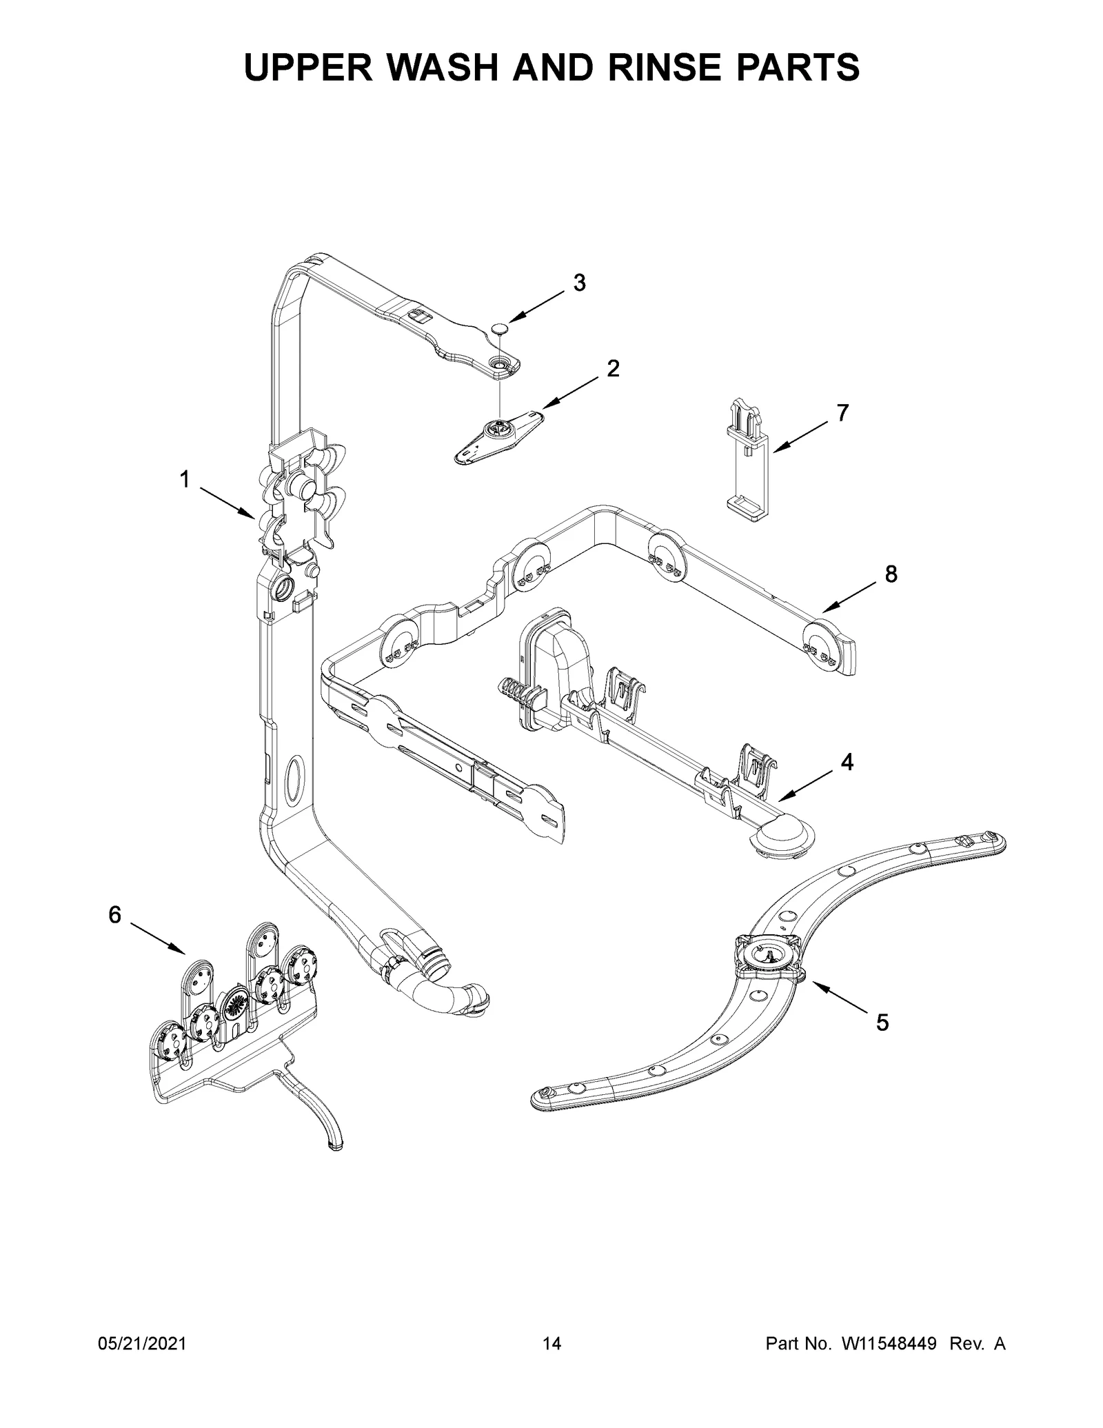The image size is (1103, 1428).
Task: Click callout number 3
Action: click(579, 283)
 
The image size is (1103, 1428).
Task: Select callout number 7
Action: click(842, 413)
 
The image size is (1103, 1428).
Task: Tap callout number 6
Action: click(115, 915)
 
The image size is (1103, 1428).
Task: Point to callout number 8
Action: click(891, 574)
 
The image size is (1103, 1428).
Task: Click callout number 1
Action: click(185, 479)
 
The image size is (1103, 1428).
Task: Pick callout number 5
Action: click(882, 1041)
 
